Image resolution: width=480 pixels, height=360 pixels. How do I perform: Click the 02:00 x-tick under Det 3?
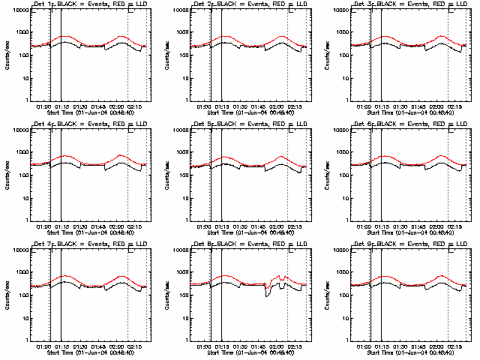[437, 106]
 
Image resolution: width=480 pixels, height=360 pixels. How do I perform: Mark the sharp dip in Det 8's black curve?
[268, 295]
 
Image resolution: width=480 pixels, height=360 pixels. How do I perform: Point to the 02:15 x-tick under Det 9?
[457, 346]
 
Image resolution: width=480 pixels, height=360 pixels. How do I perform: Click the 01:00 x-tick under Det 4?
[44, 226]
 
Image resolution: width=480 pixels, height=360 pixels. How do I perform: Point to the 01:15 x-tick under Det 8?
[223, 346]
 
